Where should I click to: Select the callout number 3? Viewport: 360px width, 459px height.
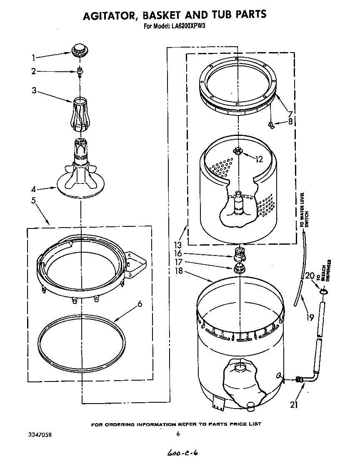pos(35,90)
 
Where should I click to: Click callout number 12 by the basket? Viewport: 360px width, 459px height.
pos(259,158)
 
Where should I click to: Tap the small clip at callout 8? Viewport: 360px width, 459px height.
pos(271,124)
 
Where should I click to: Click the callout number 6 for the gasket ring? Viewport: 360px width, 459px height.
pos(140,304)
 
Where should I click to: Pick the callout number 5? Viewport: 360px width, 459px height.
pos(33,200)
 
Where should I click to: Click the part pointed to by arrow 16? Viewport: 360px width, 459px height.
pos(239,253)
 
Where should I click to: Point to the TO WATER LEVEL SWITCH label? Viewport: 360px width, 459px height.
pos(305,210)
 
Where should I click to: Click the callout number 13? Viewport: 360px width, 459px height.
pos(178,246)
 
